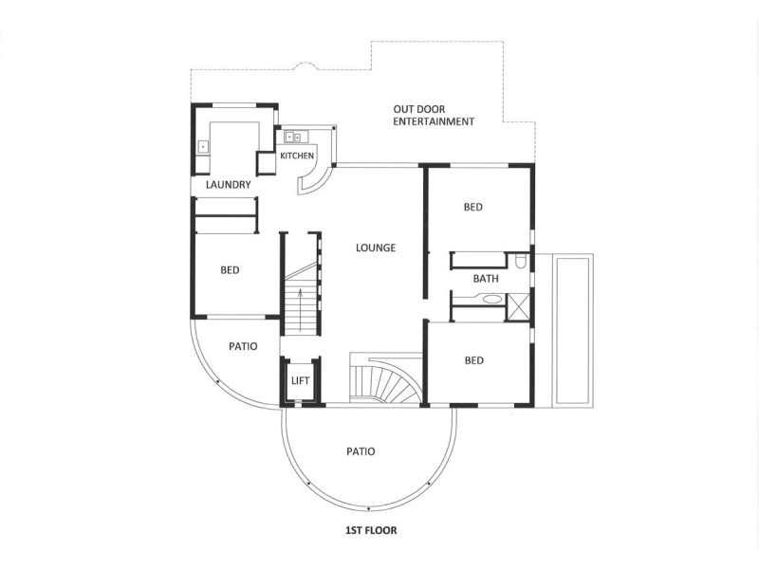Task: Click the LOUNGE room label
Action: (x=376, y=248)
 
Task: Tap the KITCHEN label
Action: (x=297, y=156)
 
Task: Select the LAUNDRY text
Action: (x=228, y=184)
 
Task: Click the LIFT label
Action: (x=300, y=381)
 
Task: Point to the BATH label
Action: (x=486, y=279)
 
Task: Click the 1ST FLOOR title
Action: (x=371, y=530)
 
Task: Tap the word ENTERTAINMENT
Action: (x=434, y=122)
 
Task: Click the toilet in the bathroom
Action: (x=520, y=262)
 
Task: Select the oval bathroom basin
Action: (x=492, y=300)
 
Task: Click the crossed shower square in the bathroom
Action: (x=517, y=306)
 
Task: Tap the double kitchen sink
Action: (x=293, y=138)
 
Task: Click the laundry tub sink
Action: (x=202, y=147)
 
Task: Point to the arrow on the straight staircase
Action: (x=301, y=309)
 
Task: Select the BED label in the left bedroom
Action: (x=230, y=270)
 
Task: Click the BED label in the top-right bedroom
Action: (x=472, y=207)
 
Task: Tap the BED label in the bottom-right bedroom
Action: (x=473, y=360)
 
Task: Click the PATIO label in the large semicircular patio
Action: (x=361, y=451)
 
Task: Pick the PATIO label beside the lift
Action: (x=243, y=346)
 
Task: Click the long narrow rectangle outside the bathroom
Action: (x=573, y=330)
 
